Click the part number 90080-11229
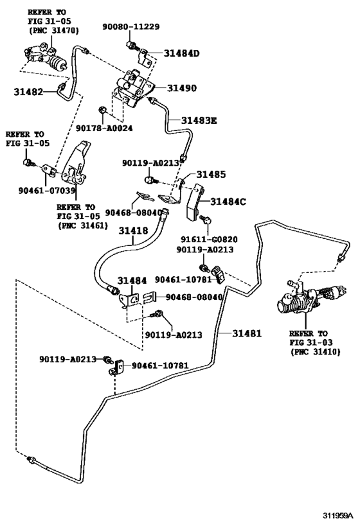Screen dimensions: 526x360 click(x=131, y=26)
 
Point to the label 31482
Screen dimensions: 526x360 click(x=28, y=92)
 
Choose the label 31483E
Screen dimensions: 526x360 click(x=199, y=120)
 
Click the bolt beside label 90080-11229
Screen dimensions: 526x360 click(x=132, y=45)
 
